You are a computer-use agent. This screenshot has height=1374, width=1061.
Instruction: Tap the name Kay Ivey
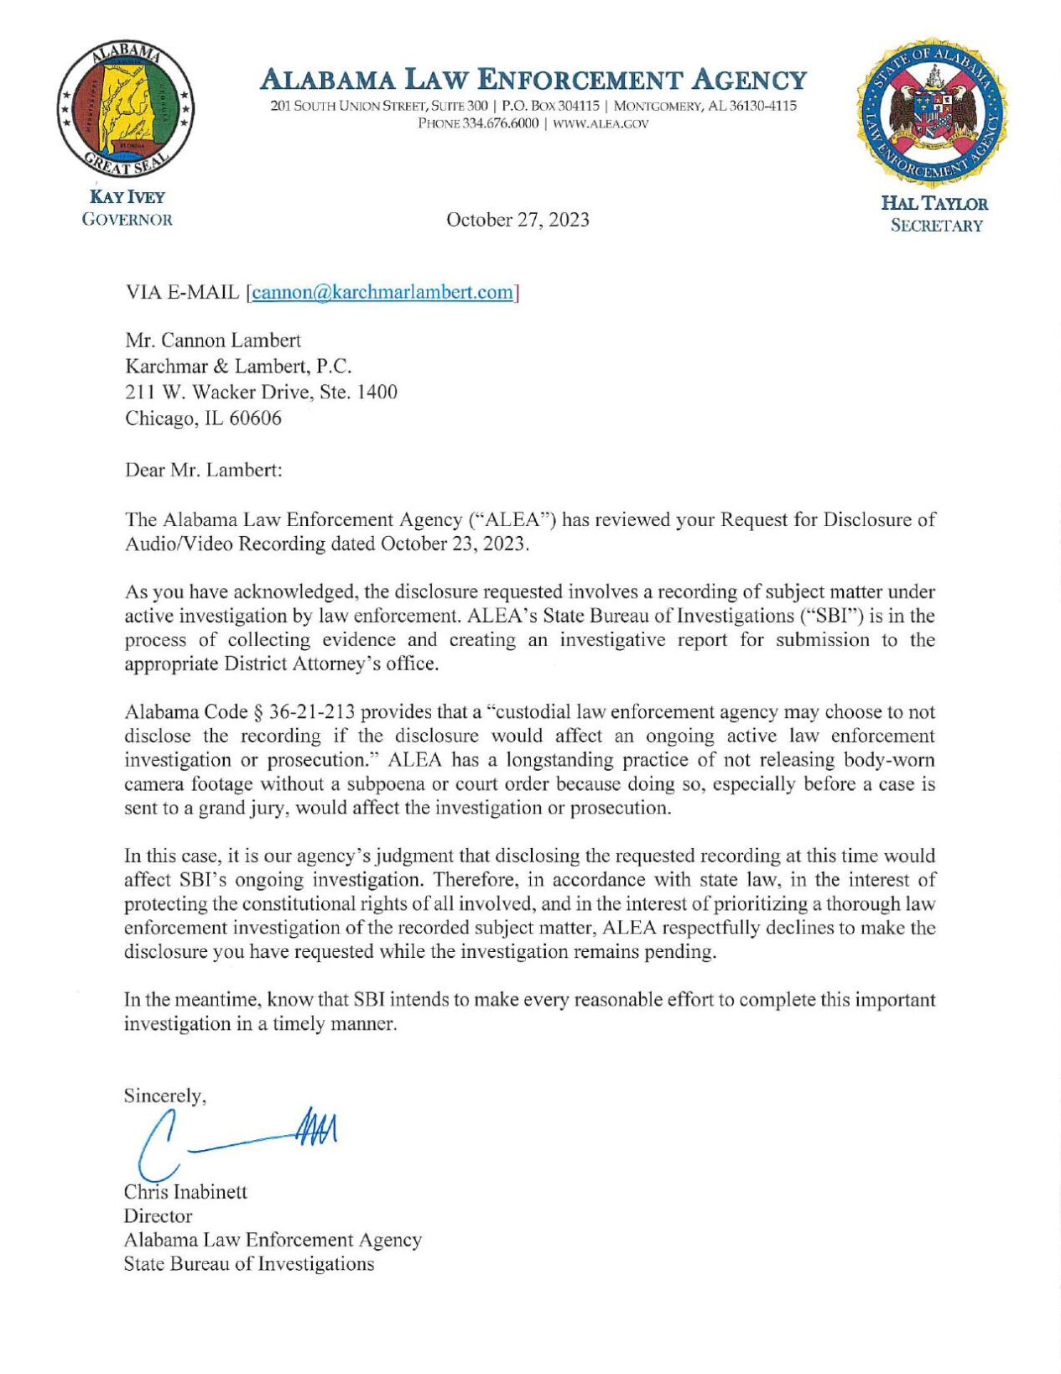point(127,197)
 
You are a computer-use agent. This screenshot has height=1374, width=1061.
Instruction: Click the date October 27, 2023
point(517,220)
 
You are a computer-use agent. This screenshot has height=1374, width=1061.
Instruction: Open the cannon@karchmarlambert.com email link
point(382,292)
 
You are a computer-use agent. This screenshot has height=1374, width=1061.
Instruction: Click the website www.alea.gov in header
point(601,123)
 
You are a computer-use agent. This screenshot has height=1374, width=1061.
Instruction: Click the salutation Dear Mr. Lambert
point(203,470)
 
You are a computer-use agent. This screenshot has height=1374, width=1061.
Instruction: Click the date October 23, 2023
point(454,544)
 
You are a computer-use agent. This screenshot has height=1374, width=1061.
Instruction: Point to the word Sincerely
point(164,1096)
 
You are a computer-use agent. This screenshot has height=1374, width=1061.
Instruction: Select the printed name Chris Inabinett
point(185,1192)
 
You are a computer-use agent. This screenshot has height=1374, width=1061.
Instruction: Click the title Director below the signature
point(158,1216)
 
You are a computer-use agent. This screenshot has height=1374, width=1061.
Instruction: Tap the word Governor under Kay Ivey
point(127,220)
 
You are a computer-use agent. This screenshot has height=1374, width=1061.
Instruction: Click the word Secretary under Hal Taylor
point(936,226)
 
